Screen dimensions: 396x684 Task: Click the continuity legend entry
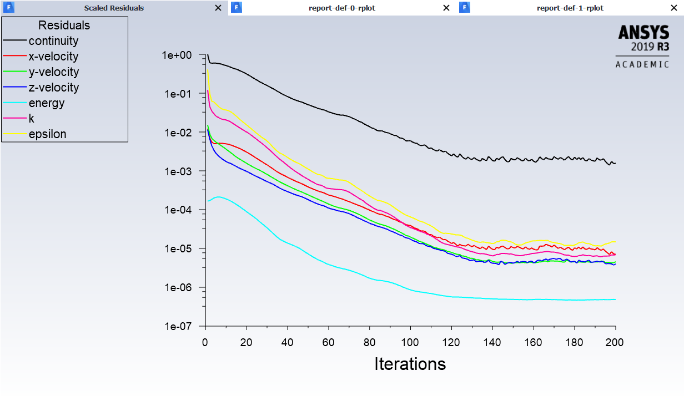point(53,41)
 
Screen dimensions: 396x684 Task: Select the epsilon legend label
point(48,134)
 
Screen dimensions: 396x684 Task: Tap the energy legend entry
point(47,103)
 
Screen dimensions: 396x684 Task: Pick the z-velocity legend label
point(53,88)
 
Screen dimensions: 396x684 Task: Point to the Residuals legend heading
point(64,26)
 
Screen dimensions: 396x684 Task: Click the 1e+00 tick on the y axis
point(177,55)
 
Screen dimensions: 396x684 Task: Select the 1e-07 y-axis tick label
point(177,327)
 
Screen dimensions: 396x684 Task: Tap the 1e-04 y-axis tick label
point(177,210)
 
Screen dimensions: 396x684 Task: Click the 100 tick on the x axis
point(410,342)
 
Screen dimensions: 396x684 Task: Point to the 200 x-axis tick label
point(615,342)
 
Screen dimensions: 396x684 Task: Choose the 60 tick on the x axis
point(328,342)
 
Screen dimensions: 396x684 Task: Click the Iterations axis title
point(410,364)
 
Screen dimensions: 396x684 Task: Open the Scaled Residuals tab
point(114,8)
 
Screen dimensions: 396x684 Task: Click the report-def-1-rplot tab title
point(570,8)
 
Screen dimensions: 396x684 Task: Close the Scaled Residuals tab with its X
point(218,8)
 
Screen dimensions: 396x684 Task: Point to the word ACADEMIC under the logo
point(642,64)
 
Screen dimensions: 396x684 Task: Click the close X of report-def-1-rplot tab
point(675,8)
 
